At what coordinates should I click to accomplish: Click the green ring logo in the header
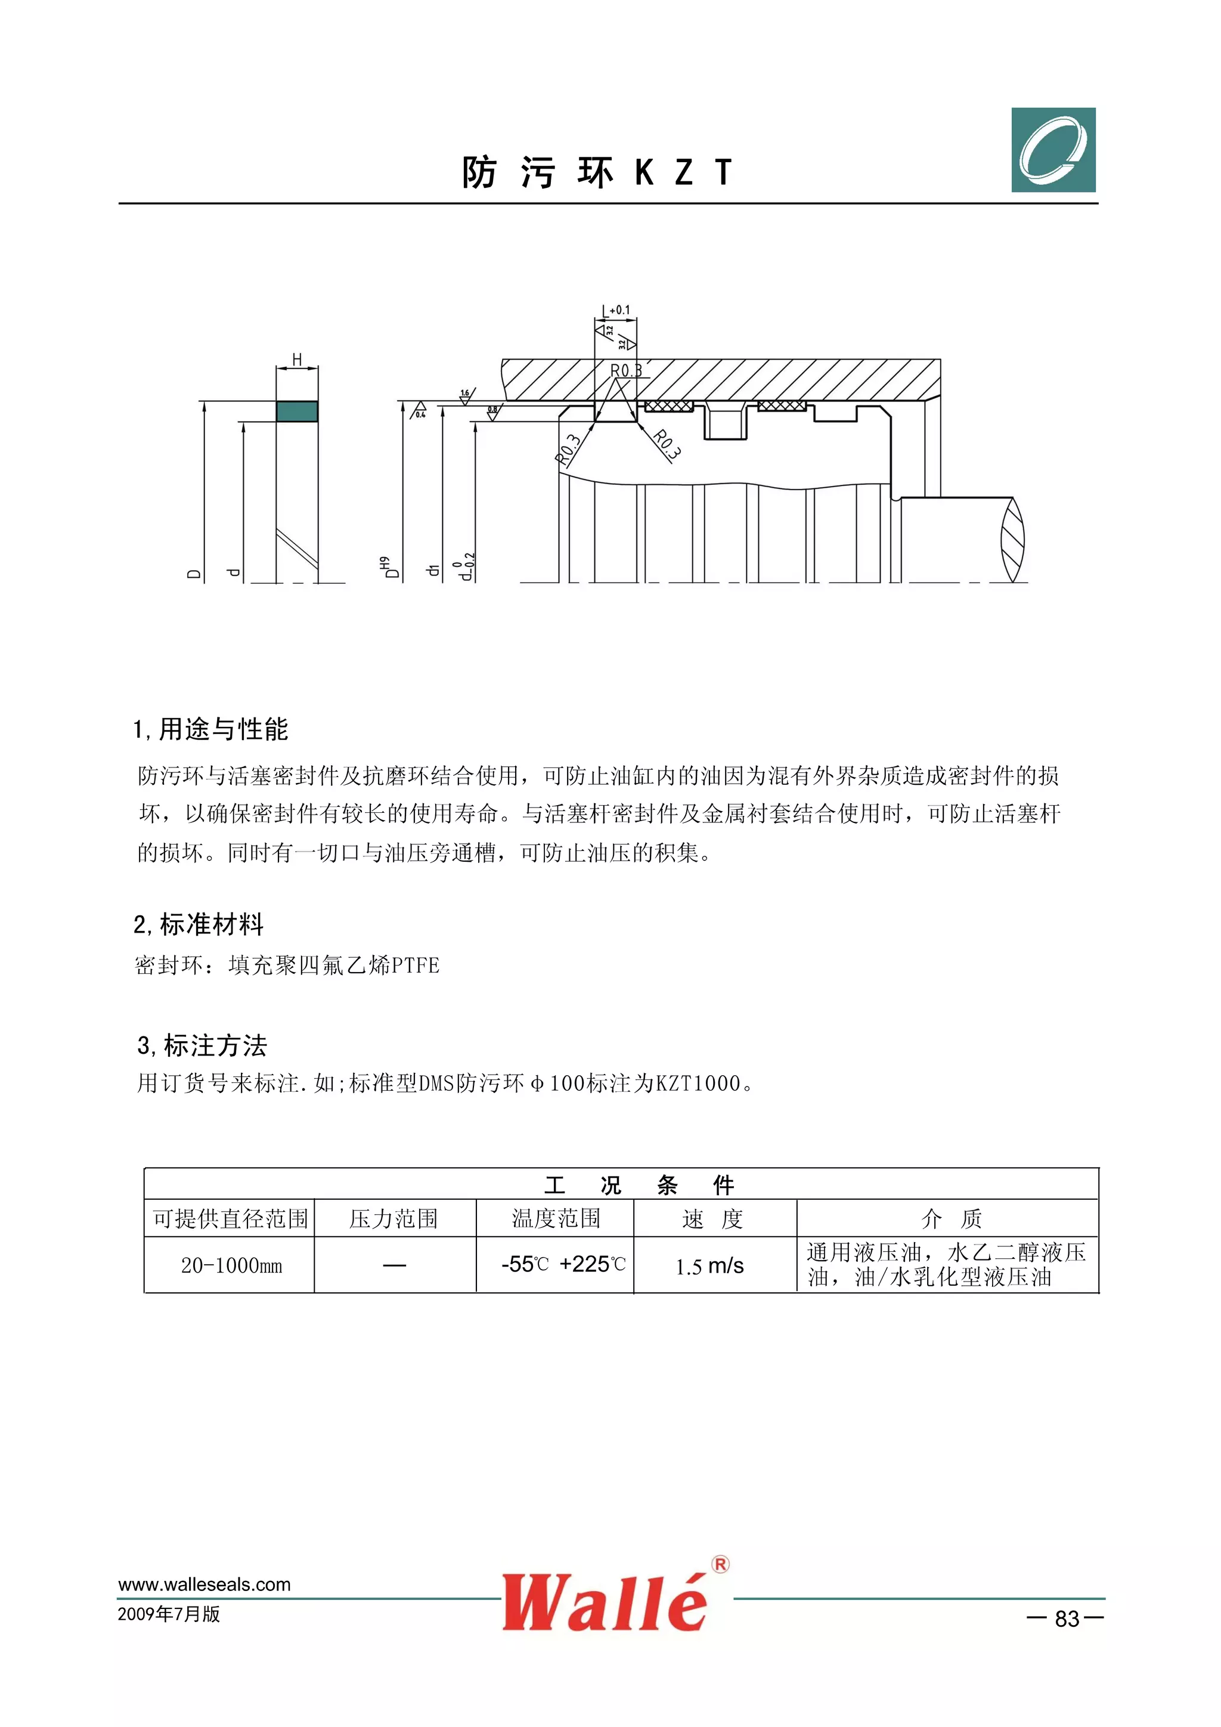point(1053,150)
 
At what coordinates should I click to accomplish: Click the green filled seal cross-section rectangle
point(297,411)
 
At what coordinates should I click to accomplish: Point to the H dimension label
point(297,360)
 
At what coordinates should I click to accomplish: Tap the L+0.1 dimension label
point(616,310)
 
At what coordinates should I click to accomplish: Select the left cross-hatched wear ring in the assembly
point(668,406)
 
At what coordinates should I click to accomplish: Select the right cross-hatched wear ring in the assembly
point(782,406)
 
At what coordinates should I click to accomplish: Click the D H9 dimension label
point(389,568)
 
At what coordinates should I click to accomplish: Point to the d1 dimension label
point(432,570)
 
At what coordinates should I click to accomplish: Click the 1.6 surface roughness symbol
point(466,395)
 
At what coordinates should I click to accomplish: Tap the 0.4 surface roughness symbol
point(419,411)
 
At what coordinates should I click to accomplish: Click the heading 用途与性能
point(224,729)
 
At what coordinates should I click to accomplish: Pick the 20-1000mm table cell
point(231,1265)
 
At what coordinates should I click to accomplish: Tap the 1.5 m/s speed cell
point(709,1266)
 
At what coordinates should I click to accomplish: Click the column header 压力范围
point(393,1218)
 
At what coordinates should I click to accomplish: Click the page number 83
point(1067,1618)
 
